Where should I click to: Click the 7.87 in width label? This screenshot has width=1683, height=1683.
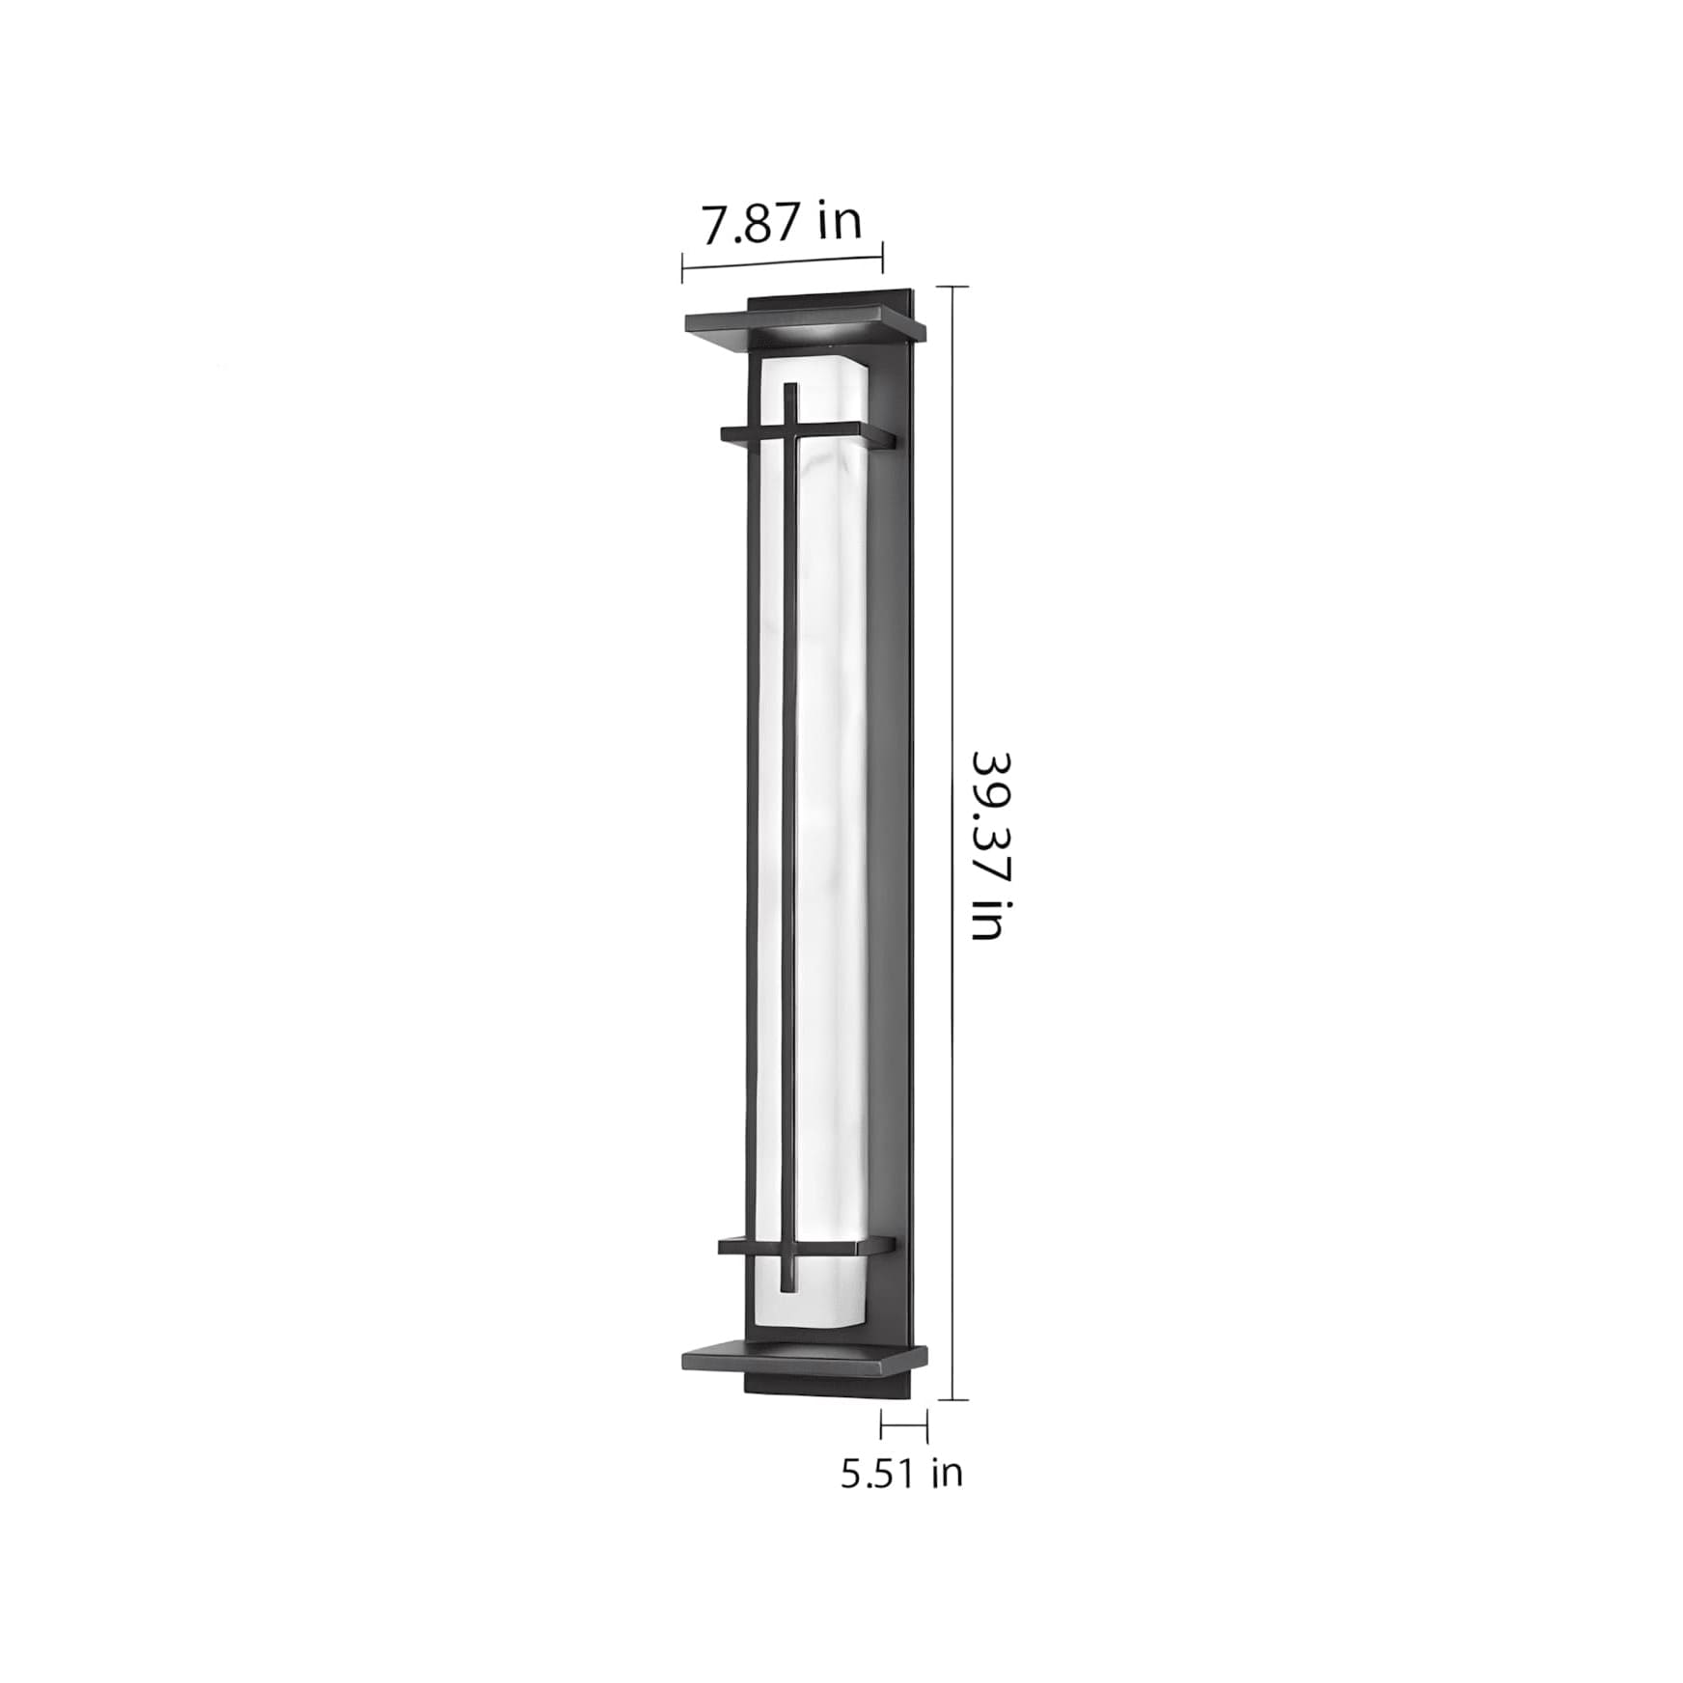pos(781,224)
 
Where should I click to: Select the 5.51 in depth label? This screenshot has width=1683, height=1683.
pos(901,1474)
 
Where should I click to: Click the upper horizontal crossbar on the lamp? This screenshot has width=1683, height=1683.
pos(807,435)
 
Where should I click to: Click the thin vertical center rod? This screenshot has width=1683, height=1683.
pos(791,838)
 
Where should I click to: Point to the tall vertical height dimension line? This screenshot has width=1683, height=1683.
pos(953,842)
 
